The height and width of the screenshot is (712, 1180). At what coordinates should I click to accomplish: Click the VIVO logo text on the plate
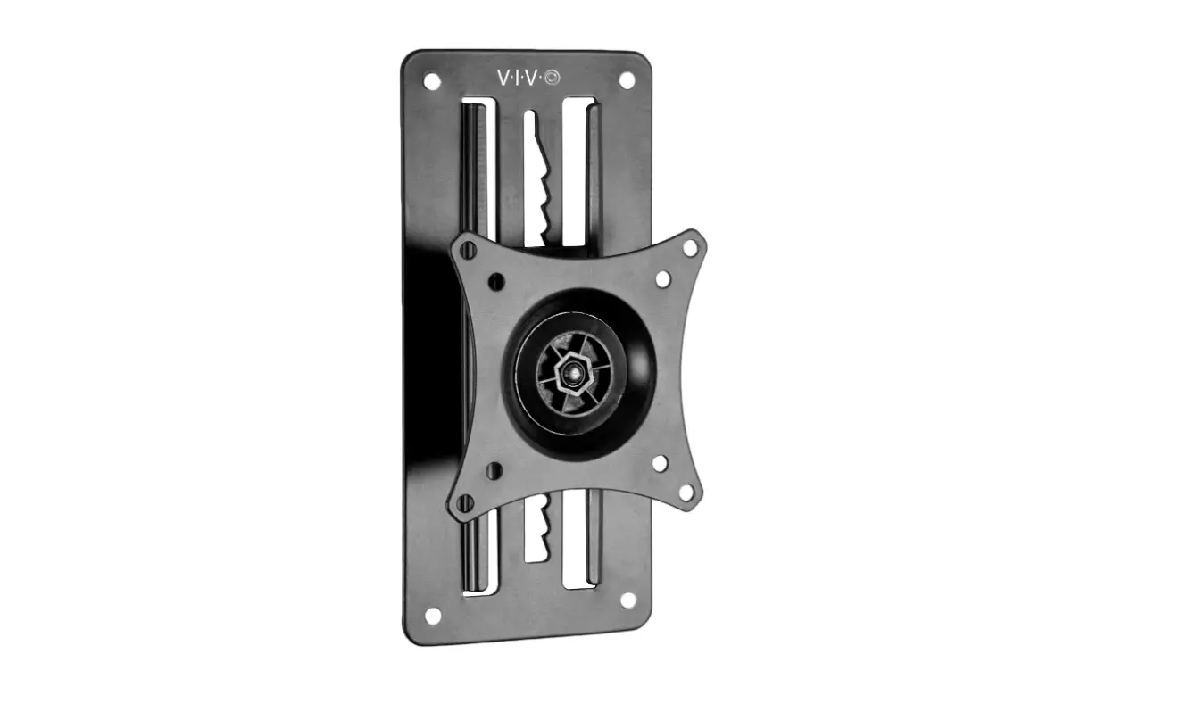519,78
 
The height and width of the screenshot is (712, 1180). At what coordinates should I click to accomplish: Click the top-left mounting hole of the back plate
432,79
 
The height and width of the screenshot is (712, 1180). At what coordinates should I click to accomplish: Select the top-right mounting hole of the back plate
626,79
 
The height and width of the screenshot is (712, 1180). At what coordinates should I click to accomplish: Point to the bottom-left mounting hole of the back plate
433,615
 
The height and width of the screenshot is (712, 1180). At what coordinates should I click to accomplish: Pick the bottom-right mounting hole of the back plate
627,600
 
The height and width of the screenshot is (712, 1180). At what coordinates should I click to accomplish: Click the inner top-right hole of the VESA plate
662,278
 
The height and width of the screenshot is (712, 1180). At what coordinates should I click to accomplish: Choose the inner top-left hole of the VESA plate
497,283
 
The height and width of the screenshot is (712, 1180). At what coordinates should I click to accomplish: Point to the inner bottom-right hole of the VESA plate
661,464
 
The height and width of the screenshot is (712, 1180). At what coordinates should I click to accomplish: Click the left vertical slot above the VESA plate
474,170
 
